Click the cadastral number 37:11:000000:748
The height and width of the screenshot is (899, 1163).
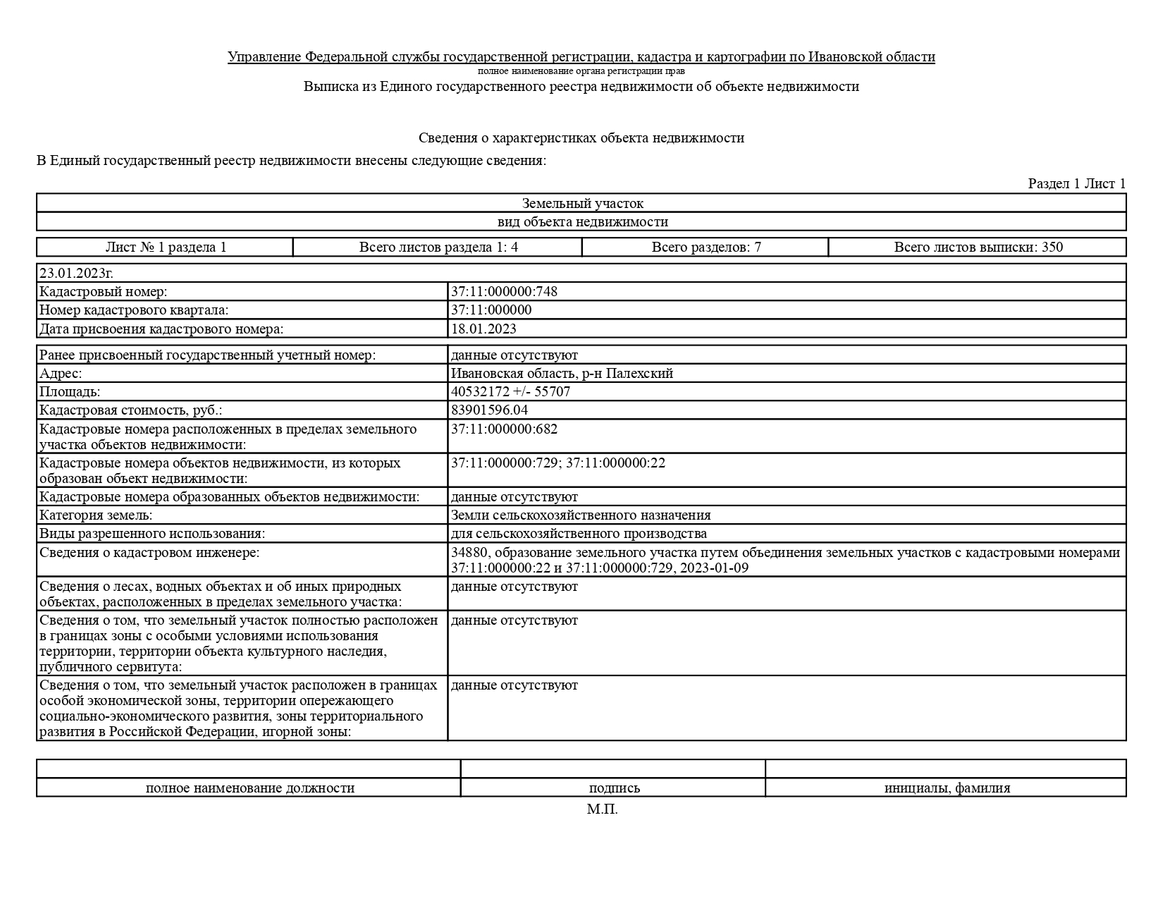coord(504,291)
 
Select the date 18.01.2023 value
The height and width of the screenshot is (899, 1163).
coord(484,329)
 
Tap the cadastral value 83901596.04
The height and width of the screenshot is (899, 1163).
coord(489,410)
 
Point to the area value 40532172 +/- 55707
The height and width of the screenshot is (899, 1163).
coord(510,391)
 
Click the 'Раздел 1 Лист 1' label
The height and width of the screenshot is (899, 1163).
coord(1076,183)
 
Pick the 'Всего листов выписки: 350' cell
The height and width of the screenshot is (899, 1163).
coord(978,247)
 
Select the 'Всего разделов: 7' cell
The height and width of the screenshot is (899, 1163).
coord(706,247)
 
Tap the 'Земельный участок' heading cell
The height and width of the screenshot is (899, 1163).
coord(582,203)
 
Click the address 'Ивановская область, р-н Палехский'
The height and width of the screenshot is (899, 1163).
coord(562,373)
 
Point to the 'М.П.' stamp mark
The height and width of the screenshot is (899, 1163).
coord(602,809)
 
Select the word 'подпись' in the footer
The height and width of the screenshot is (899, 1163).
coord(614,788)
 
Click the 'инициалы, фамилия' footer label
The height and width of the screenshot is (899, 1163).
coord(947,788)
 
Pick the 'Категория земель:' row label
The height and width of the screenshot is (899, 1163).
coord(96,515)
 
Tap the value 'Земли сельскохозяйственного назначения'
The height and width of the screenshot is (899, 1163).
coord(580,515)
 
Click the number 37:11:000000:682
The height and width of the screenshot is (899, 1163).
coord(504,429)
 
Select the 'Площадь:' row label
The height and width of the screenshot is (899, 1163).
coord(70,391)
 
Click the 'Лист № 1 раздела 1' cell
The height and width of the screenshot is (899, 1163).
coord(166,247)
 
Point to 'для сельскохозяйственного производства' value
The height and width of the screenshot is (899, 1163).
coord(579,533)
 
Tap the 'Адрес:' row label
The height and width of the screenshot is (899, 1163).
coord(61,373)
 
